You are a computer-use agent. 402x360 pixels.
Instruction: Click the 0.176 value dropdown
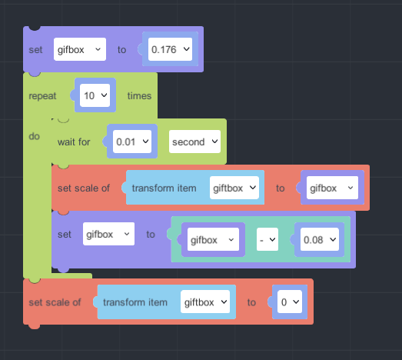[170, 49]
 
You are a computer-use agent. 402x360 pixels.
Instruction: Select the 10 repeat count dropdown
[95, 95]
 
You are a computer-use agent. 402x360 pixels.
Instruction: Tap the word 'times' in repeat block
[139, 96]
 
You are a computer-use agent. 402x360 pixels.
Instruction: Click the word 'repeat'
[42, 96]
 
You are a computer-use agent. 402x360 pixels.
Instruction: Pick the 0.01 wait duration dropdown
[132, 142]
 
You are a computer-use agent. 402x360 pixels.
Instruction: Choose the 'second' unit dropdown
[194, 142]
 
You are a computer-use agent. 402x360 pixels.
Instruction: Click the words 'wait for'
[74, 142]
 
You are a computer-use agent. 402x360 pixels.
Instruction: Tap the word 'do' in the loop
[35, 136]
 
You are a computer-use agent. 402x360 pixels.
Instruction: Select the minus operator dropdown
[267, 239]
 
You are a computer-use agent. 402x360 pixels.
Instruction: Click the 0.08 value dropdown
[320, 239]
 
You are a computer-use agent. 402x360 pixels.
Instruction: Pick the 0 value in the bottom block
[290, 302]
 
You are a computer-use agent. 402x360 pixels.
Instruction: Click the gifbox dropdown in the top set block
[80, 49]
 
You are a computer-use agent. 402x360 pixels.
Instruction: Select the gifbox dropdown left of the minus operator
[213, 239]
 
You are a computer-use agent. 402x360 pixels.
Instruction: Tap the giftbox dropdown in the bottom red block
[205, 302]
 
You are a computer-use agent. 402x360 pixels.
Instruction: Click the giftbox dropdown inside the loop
[234, 188]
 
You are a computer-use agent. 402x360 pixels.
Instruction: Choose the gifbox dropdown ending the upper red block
[332, 188]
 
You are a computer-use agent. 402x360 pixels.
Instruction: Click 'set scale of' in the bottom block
[55, 302]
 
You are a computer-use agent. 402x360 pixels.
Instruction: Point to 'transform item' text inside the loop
[164, 188]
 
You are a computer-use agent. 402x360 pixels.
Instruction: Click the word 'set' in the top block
[35, 50]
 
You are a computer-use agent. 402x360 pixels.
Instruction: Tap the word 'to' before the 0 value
[251, 302]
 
